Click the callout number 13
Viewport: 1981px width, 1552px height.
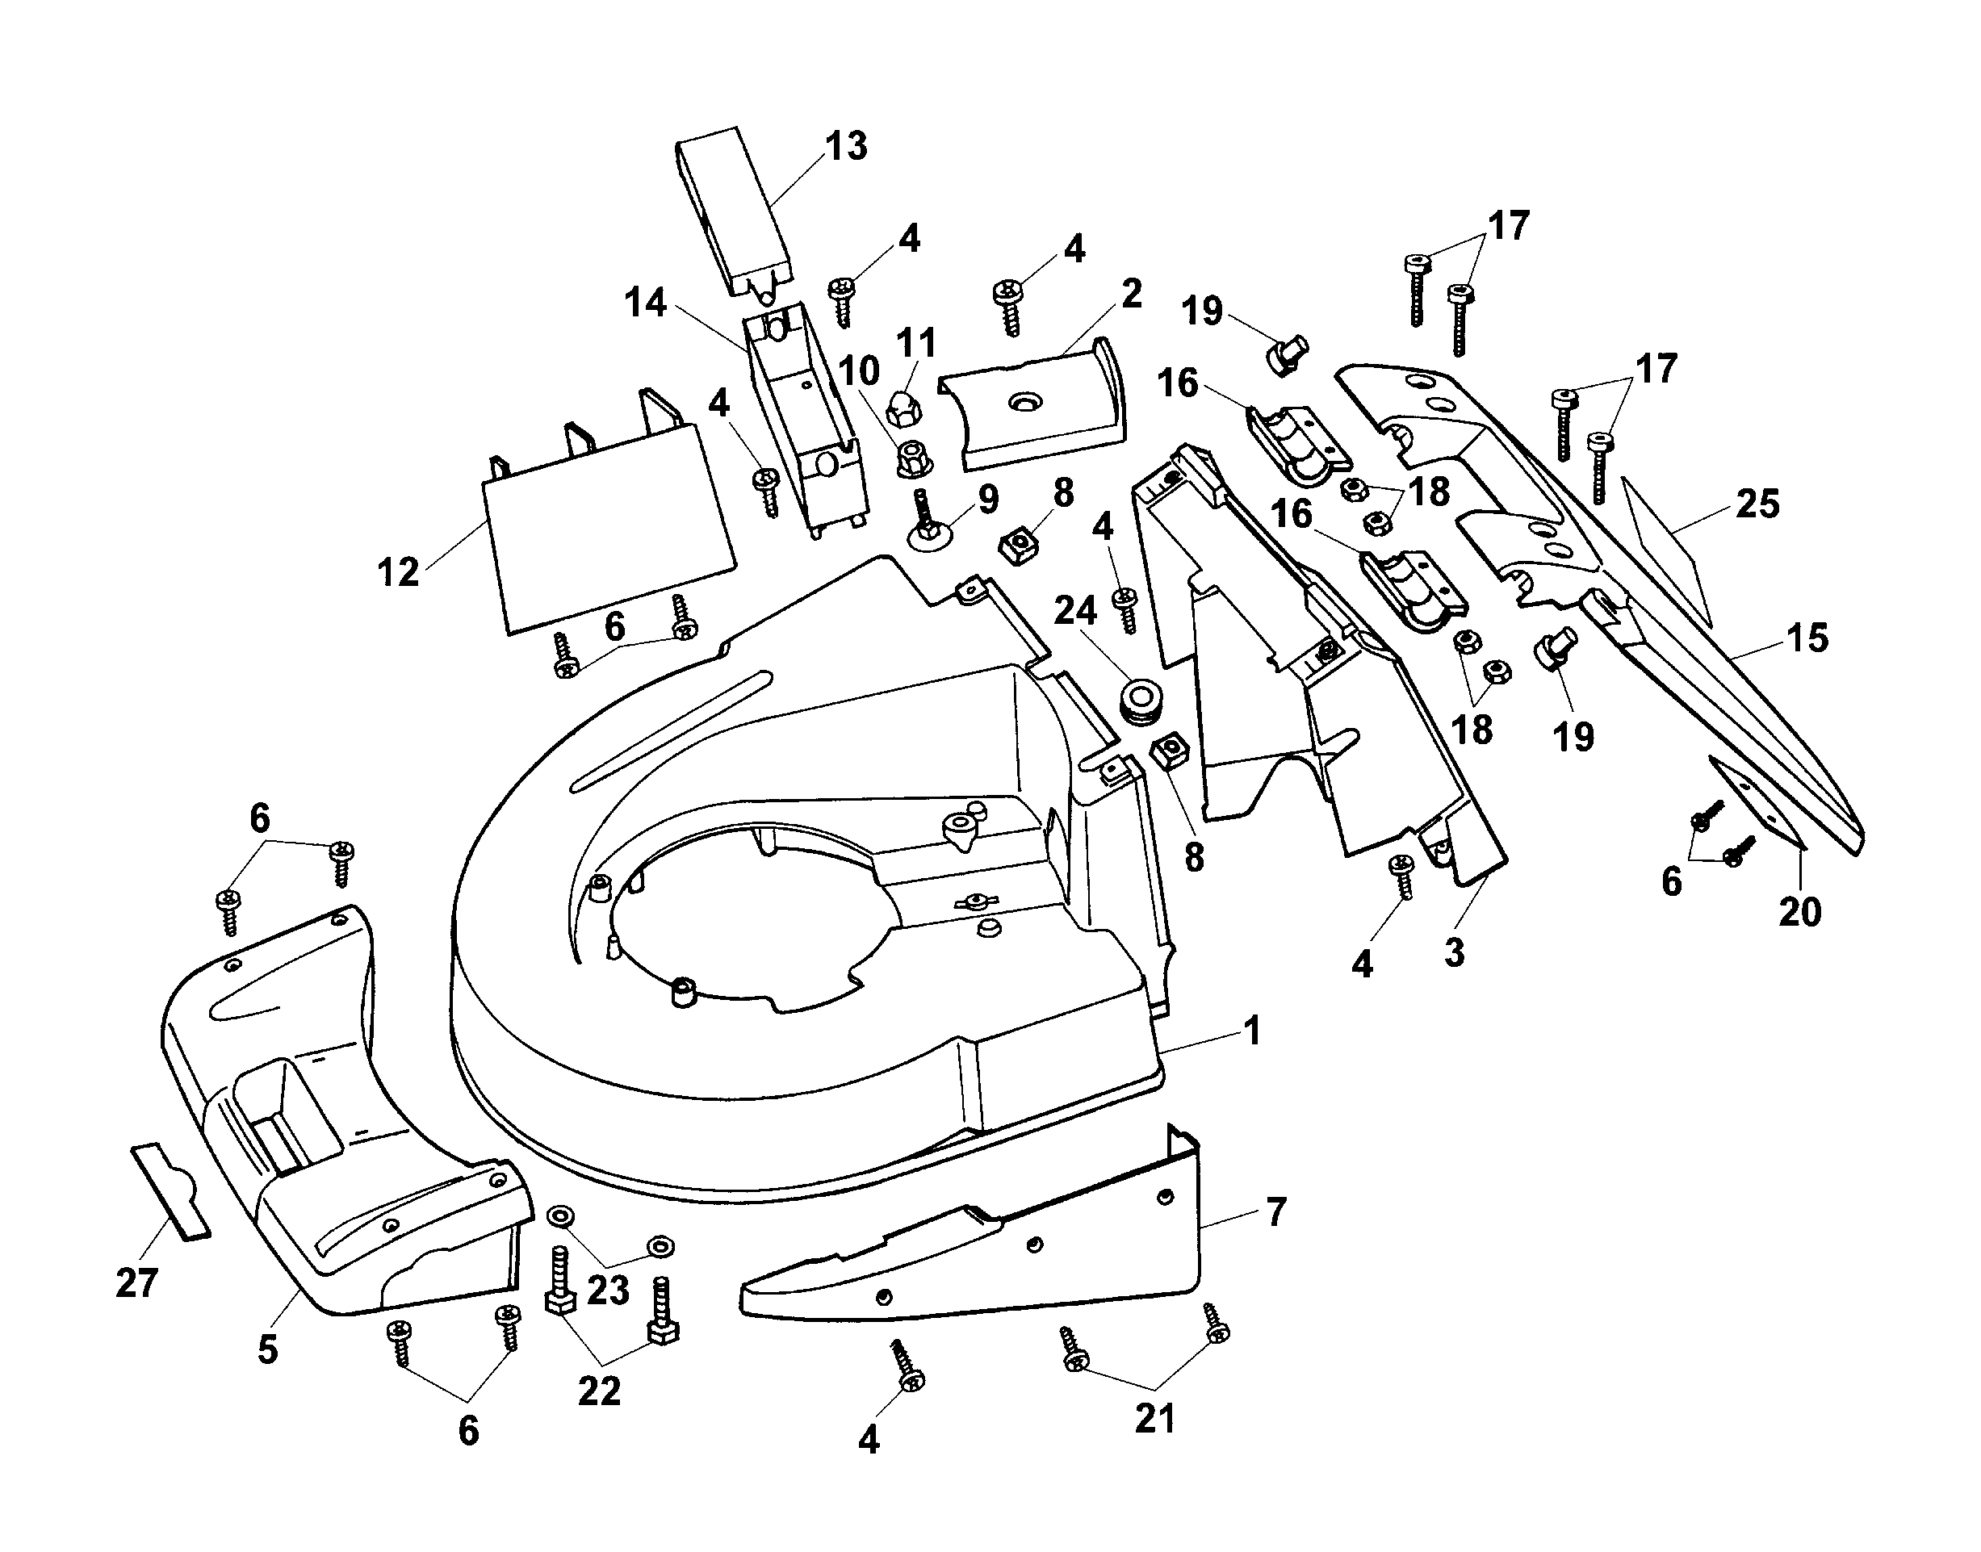[846, 146]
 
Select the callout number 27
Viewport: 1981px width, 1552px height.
[136, 1283]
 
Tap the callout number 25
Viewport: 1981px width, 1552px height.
[1757, 504]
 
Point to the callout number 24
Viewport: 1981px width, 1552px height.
[1075, 611]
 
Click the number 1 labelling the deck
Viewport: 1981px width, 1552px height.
[1252, 1031]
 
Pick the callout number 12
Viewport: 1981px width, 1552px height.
[398, 572]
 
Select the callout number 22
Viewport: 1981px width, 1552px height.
[599, 1391]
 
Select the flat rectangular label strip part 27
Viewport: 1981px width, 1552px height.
[172, 1191]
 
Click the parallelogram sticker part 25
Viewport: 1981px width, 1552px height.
[1670, 550]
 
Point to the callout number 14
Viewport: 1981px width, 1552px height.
[645, 303]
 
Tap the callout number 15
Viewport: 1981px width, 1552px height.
[1807, 638]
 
